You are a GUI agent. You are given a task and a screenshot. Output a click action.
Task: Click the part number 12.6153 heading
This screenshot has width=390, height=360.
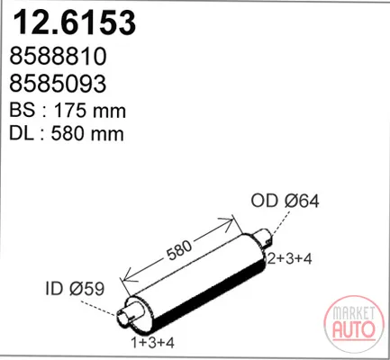pyautogui.click(x=75, y=22)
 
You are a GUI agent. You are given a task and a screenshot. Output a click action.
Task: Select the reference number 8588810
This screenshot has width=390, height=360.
pyautogui.click(x=59, y=56)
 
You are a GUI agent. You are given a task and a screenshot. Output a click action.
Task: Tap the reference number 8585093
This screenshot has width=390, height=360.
pyautogui.click(x=58, y=83)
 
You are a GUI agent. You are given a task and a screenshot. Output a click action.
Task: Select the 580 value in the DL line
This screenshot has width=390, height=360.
pyautogui.click(x=67, y=133)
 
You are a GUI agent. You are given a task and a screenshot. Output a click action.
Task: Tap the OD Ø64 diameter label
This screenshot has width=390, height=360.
pyautogui.click(x=285, y=201)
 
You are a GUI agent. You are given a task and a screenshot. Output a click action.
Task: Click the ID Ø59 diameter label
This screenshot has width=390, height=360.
pyautogui.click(x=75, y=288)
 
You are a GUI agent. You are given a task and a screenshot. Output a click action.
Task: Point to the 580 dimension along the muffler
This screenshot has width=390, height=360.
pyautogui.click(x=179, y=250)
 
